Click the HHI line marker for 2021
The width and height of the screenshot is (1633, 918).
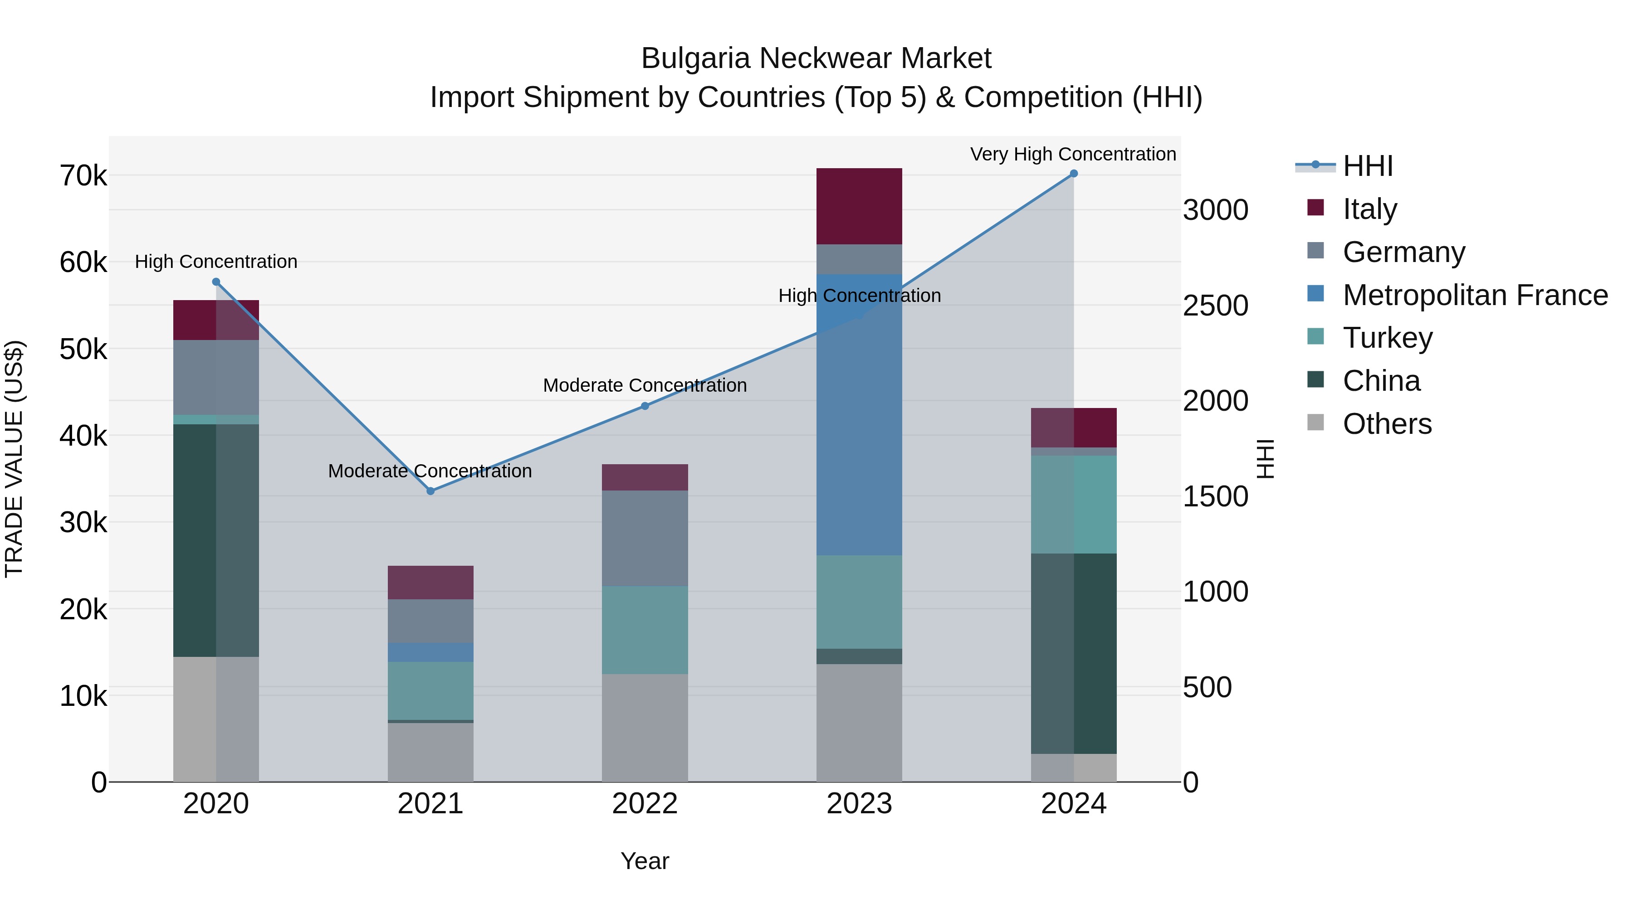pyautogui.click(x=430, y=491)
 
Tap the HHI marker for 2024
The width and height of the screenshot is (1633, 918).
pyautogui.click(x=1073, y=174)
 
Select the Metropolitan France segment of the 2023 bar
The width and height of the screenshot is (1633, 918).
pyautogui.click(x=859, y=415)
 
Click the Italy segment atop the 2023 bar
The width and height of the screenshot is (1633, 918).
pyautogui.click(x=859, y=206)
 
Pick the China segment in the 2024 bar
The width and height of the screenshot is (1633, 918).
pyautogui.click(x=1073, y=653)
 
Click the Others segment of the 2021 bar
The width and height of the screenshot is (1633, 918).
pyautogui.click(x=430, y=752)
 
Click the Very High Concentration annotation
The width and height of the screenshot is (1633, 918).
pyautogui.click(x=1073, y=154)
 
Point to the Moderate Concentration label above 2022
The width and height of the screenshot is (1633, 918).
pyautogui.click(x=645, y=385)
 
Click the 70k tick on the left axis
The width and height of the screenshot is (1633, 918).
pyautogui.click(x=83, y=176)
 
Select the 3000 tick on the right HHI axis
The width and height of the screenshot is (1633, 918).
pyautogui.click(x=1215, y=210)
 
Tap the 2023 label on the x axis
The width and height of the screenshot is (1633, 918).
pyautogui.click(x=859, y=804)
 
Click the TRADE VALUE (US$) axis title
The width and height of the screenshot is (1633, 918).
pyautogui.click(x=15, y=459)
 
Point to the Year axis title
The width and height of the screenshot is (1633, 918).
pyautogui.click(x=645, y=861)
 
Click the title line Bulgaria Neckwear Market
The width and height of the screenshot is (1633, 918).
pyautogui.click(x=816, y=58)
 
